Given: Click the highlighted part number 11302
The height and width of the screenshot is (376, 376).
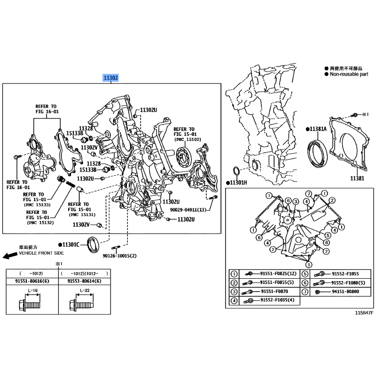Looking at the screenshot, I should pyautogui.click(x=111, y=78).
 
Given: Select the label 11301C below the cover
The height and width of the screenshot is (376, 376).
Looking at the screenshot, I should pyautogui.click(x=72, y=245).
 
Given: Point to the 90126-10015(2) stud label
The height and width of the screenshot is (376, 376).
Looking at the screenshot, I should pyautogui.click(x=119, y=256).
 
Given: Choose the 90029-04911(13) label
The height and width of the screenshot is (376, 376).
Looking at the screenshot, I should pyautogui.click(x=188, y=210).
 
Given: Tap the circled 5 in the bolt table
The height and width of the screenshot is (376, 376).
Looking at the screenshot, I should pyautogui.click(x=305, y=274).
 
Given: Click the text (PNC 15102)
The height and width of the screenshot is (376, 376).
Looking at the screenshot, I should pyautogui.click(x=187, y=140).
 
